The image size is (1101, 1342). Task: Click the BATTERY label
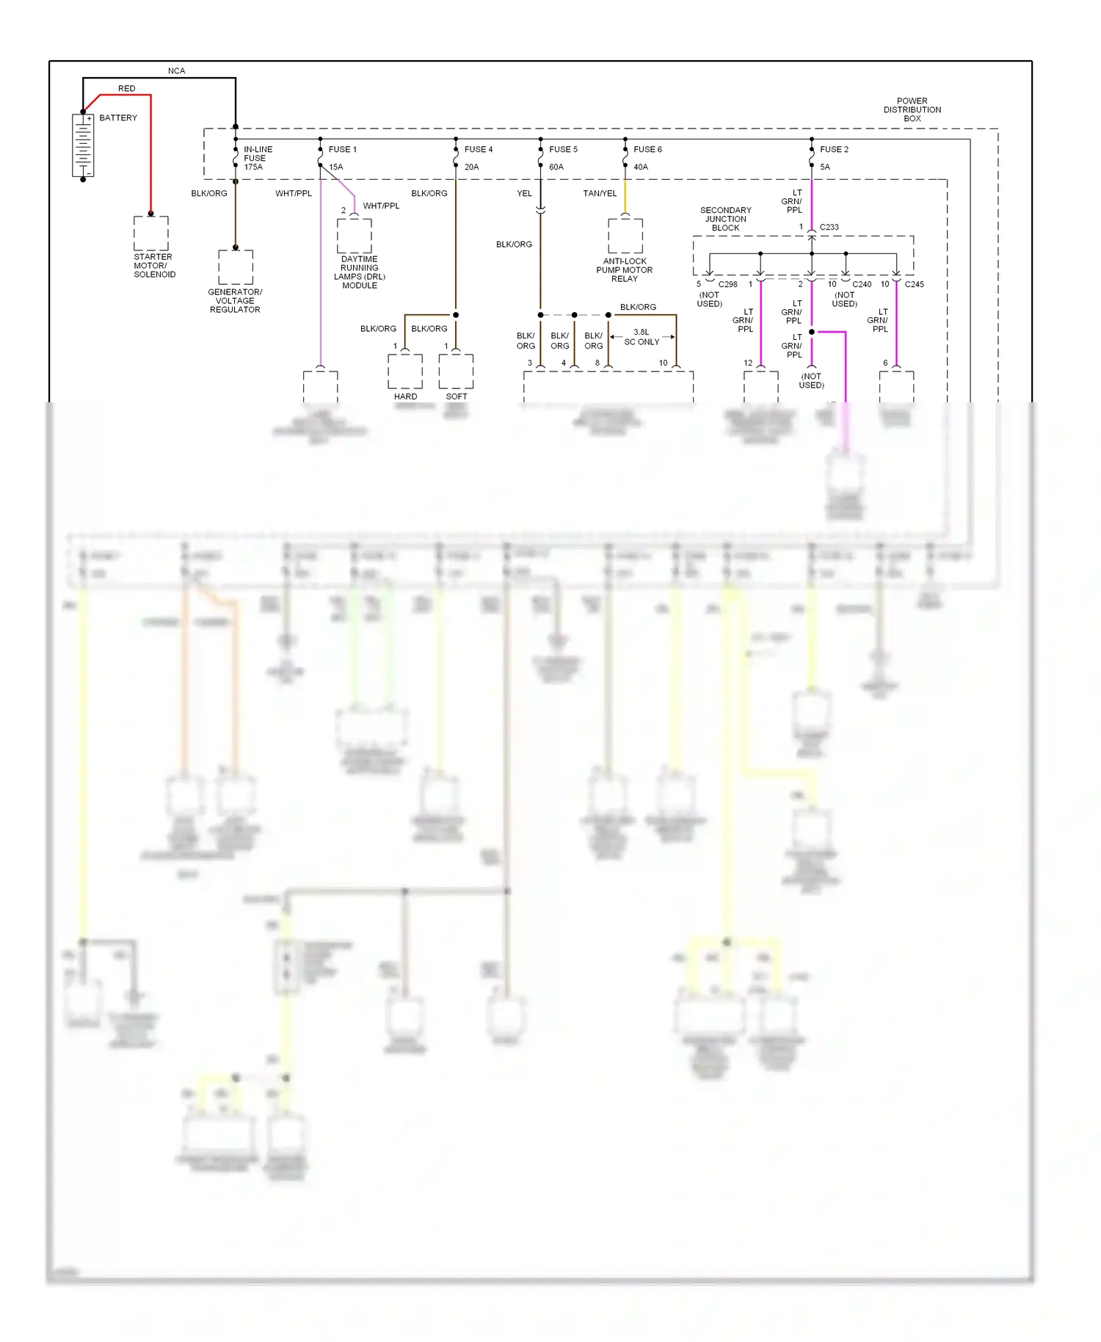click(x=118, y=117)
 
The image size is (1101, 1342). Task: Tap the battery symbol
click(x=83, y=145)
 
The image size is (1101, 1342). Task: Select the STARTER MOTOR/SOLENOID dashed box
click(x=151, y=233)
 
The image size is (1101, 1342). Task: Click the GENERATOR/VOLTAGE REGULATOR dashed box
click(x=236, y=267)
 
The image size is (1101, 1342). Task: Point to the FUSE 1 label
click(x=342, y=149)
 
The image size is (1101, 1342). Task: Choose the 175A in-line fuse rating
click(x=253, y=167)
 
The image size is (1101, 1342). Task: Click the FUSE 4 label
click(x=478, y=149)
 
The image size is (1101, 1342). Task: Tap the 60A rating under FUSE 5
click(x=556, y=167)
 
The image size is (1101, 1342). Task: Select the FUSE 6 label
click(x=647, y=149)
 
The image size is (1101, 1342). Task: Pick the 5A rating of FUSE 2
click(x=825, y=167)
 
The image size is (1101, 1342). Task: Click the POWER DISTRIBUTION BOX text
click(x=912, y=109)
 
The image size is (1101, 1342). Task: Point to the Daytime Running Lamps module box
click(x=355, y=236)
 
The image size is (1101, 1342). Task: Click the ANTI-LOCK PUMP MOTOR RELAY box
click(x=625, y=236)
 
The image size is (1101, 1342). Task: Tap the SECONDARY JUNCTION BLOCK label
click(x=725, y=219)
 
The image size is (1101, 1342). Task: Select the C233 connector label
click(x=829, y=228)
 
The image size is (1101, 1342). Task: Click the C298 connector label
click(x=727, y=284)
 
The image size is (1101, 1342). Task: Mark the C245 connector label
click(x=914, y=284)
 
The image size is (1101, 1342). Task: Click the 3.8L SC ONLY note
click(x=642, y=337)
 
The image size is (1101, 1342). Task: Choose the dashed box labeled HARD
click(x=405, y=371)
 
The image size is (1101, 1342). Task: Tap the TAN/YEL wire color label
click(x=600, y=194)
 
